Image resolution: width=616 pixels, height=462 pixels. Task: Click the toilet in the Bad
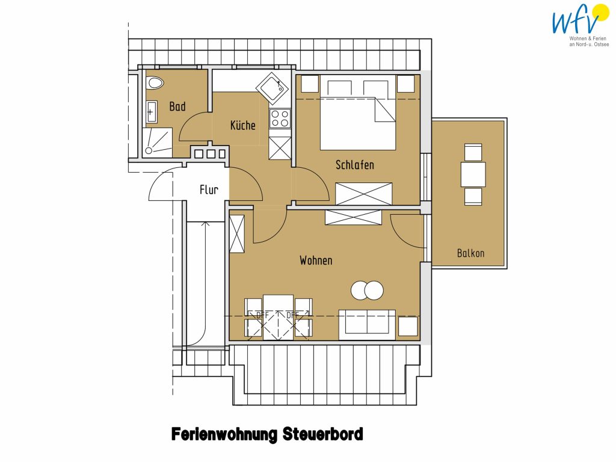[x=155, y=83]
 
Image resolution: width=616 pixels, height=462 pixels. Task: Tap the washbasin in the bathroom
[x=152, y=111]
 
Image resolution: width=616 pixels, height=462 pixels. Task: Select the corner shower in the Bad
[x=157, y=143]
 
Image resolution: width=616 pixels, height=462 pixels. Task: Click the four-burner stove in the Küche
[x=280, y=119]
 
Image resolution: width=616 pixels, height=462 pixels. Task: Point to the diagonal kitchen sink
[x=274, y=88]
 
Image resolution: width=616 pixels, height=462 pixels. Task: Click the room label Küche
[x=243, y=125]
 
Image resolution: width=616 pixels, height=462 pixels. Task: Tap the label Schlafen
[x=355, y=165]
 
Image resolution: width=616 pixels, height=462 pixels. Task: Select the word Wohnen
[x=316, y=260]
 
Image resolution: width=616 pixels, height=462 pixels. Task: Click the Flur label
[x=209, y=189]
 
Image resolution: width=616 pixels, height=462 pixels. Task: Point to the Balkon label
[x=470, y=253]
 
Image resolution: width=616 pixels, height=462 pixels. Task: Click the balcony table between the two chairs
[x=473, y=174]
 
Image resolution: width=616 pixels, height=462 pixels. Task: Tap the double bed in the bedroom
[x=358, y=112]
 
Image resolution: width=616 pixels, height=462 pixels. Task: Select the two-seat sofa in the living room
[x=367, y=324]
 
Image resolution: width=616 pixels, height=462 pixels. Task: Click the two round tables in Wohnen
[x=367, y=291]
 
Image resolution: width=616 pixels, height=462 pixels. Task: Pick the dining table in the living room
[x=278, y=318]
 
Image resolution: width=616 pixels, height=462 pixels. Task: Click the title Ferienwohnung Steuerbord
[x=267, y=434]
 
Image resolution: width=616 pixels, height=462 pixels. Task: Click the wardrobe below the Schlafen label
[x=364, y=194]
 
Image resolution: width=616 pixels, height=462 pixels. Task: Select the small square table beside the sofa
[x=408, y=327]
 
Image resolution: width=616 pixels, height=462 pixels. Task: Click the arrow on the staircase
[x=205, y=284]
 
